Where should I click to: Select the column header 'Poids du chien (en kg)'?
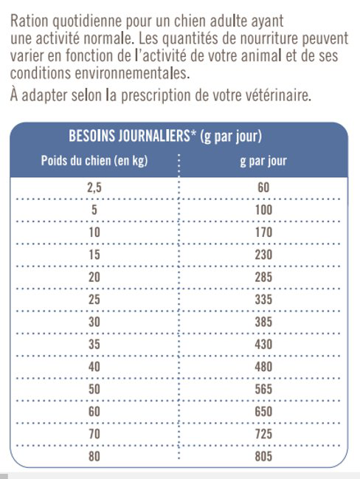coord(93,161)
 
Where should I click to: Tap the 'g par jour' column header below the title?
coord(263,161)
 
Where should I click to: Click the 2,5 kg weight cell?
coord(94,187)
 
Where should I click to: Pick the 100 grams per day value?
coord(263,210)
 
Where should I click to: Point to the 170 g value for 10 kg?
coord(263,232)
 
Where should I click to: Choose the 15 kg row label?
coord(94,255)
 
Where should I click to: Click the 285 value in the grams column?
coord(263,277)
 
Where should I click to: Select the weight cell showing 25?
coord(94,300)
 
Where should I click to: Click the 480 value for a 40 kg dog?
coord(263,367)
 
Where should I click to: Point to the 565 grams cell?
coord(263,389)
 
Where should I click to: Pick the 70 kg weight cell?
coord(94,434)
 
